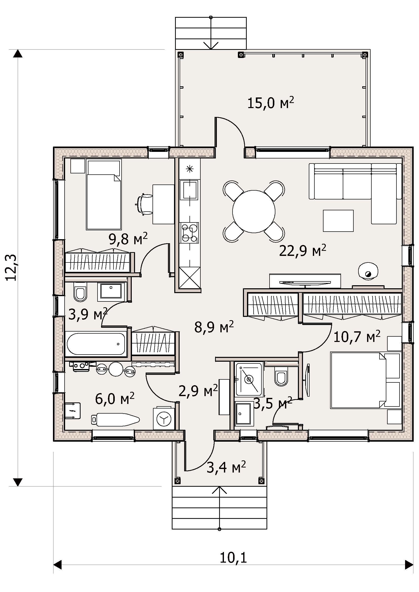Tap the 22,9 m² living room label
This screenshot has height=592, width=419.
click(x=303, y=251)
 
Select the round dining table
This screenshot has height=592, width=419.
click(x=254, y=211)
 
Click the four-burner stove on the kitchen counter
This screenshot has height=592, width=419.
click(x=190, y=233)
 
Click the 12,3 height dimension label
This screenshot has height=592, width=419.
click(x=12, y=267)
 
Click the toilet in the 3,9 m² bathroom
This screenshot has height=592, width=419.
click(x=80, y=292)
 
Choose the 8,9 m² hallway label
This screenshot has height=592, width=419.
click(x=214, y=327)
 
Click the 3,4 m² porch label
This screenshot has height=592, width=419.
click(x=226, y=467)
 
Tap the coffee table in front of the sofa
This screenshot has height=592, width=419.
click(x=338, y=221)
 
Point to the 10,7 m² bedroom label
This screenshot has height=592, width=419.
click(x=357, y=336)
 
